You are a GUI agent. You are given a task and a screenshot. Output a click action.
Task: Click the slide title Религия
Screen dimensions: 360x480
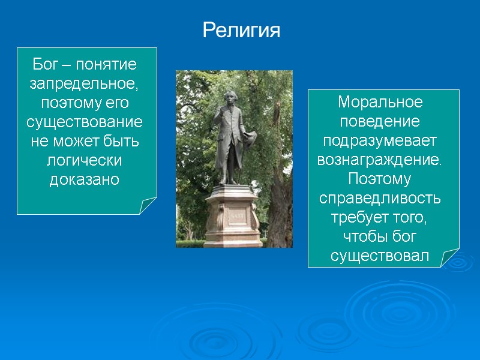pos(241,29)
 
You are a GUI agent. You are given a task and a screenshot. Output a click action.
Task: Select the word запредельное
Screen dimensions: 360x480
pos(86,83)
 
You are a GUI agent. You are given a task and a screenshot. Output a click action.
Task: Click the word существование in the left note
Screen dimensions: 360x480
pos(86,122)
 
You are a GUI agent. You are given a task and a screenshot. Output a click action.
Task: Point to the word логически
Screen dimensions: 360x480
pos(86,161)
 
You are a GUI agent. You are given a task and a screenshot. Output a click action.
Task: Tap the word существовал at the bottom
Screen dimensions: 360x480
pos(380,256)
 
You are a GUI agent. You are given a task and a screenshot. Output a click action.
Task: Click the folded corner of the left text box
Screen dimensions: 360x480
pos(148,206)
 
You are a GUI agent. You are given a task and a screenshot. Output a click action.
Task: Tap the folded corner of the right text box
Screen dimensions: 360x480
pos(451,259)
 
